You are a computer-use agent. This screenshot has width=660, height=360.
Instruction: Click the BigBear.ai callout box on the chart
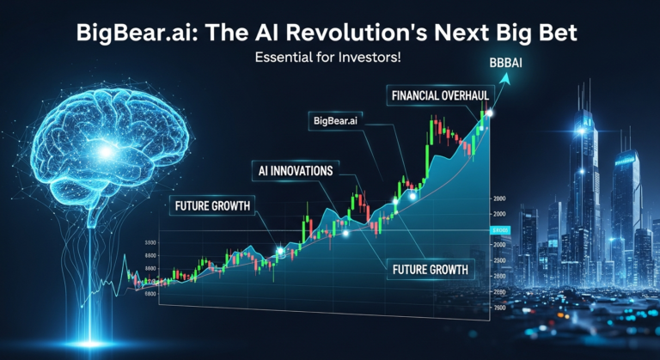[x=336, y=124]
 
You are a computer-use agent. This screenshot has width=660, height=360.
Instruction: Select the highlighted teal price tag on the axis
[x=499, y=231]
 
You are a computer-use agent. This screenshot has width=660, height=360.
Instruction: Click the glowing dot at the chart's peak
[x=489, y=113]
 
